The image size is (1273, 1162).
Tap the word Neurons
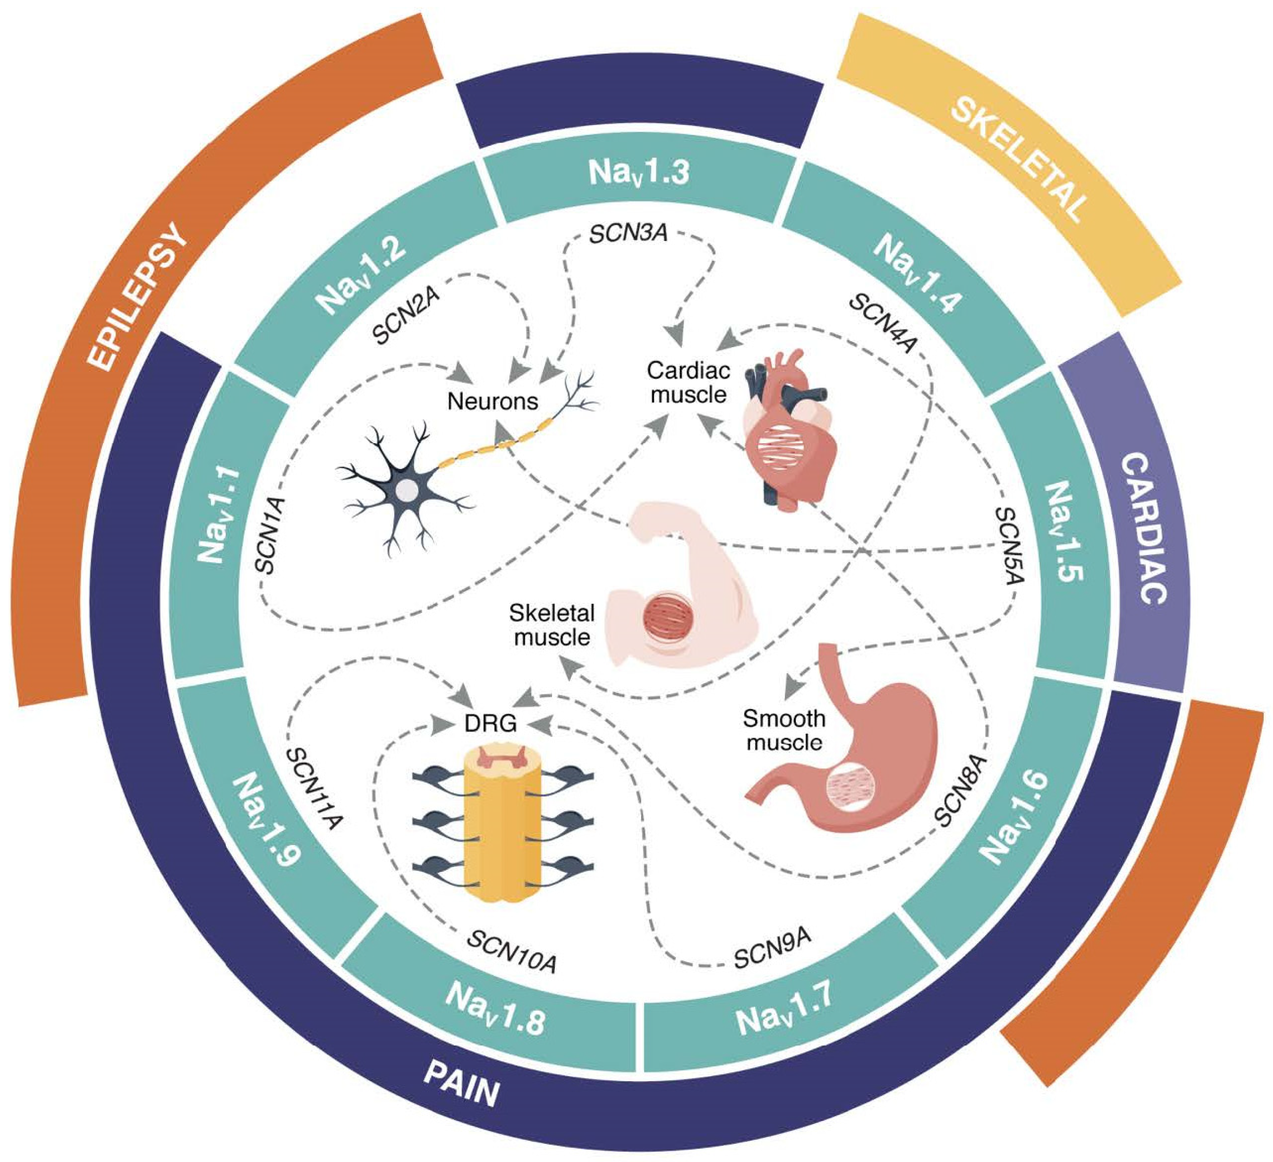(x=493, y=401)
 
